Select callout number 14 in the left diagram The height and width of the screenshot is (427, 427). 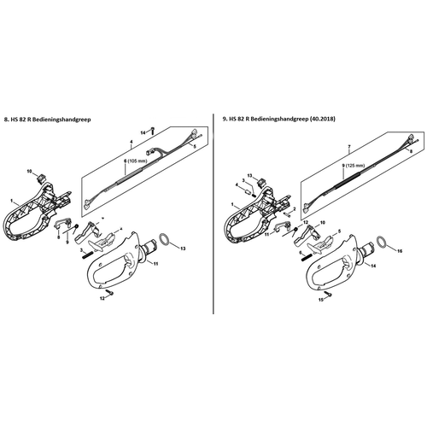pos(143,131)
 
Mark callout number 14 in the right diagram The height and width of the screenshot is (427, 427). pos(373,266)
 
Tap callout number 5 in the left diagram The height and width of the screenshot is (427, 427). pos(193,148)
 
